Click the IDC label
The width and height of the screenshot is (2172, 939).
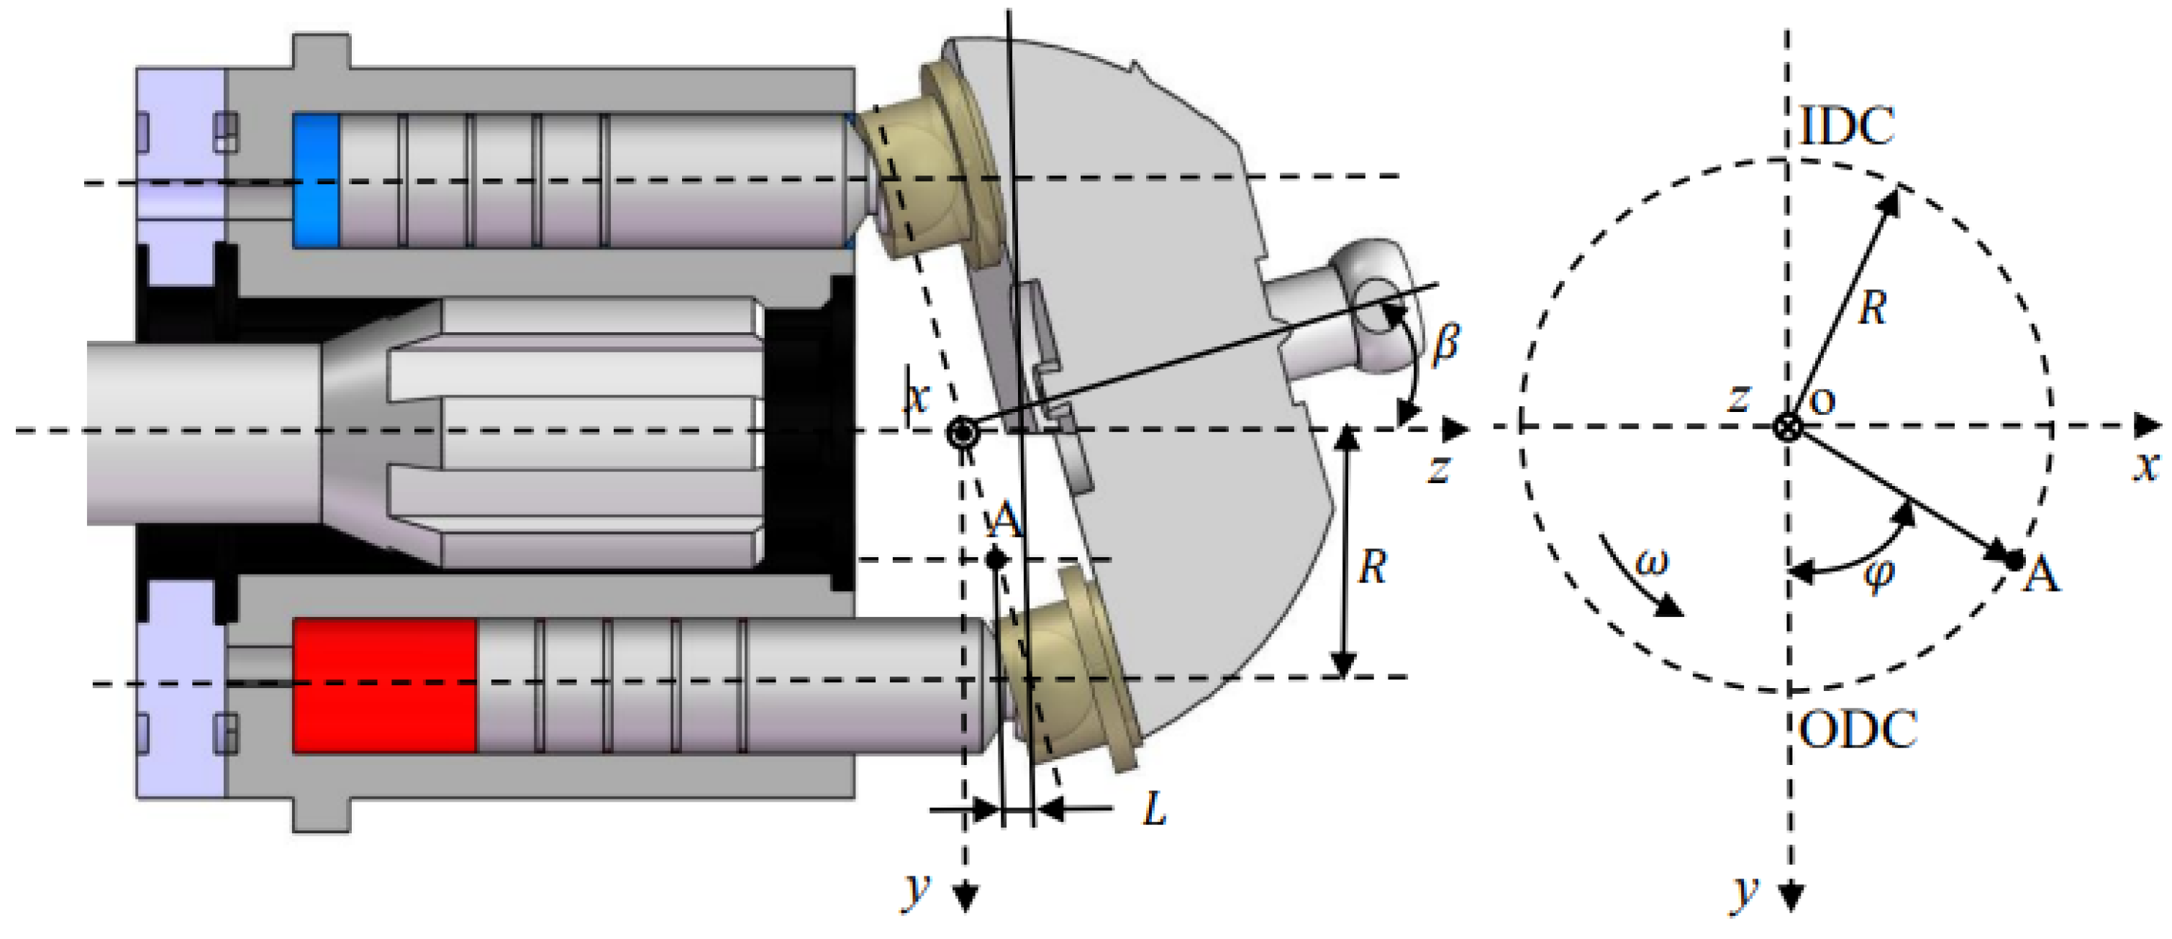pyautogui.click(x=1847, y=127)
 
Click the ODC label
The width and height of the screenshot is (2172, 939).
pyautogui.click(x=1858, y=730)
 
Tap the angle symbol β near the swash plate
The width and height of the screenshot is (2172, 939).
pyautogui.click(x=1445, y=342)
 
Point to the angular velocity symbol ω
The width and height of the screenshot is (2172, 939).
pyautogui.click(x=1651, y=562)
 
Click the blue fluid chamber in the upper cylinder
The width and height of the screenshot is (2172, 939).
pyautogui.click(x=315, y=180)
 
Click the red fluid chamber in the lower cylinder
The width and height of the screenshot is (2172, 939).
pyautogui.click(x=383, y=685)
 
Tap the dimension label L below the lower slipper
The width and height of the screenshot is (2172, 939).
pyautogui.click(x=1154, y=810)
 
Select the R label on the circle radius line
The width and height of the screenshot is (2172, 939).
pyautogui.click(x=1872, y=309)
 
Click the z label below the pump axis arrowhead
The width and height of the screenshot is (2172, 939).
pyautogui.click(x=1440, y=468)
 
